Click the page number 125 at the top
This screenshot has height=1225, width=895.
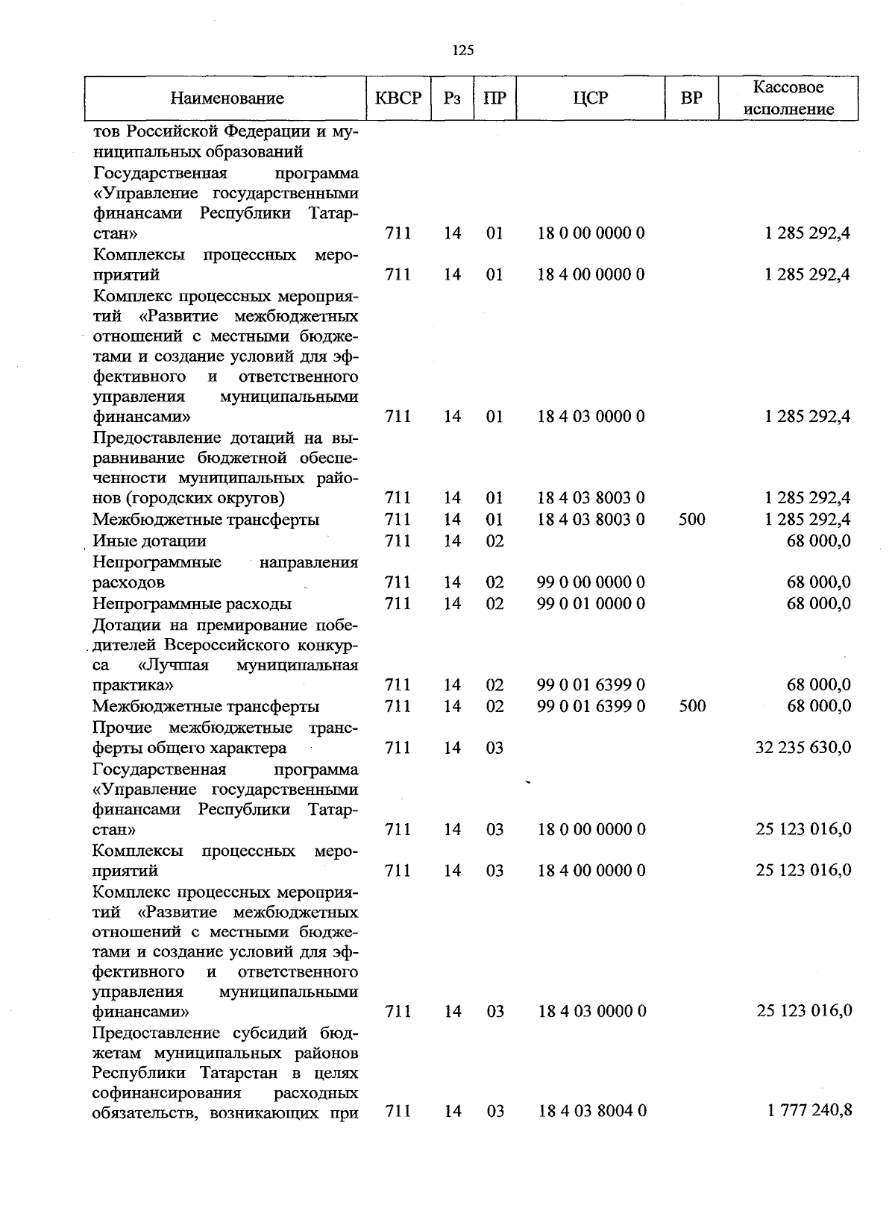[462, 51]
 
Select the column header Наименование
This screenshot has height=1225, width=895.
[227, 98]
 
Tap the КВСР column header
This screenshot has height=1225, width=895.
[398, 98]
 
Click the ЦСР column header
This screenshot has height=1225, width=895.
[591, 98]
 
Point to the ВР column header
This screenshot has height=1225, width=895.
[691, 98]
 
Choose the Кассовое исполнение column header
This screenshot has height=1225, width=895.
[788, 98]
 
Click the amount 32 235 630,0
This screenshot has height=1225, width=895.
[803, 748]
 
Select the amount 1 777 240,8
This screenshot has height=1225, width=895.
[809, 1111]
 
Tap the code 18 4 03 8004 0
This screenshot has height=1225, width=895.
[591, 1111]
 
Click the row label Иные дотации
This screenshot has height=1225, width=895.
[149, 541]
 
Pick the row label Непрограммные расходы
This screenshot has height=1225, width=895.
[192, 603]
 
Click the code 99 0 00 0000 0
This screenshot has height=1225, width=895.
[591, 582]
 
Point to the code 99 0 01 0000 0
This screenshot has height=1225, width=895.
[591, 603]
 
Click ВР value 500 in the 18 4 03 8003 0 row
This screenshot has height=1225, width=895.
[692, 519]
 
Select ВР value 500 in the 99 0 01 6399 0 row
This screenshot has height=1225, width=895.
[692, 706]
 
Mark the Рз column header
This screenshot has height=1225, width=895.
[452, 98]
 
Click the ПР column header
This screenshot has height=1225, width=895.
[494, 98]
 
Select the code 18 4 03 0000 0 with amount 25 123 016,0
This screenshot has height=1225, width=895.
[591, 1011]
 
